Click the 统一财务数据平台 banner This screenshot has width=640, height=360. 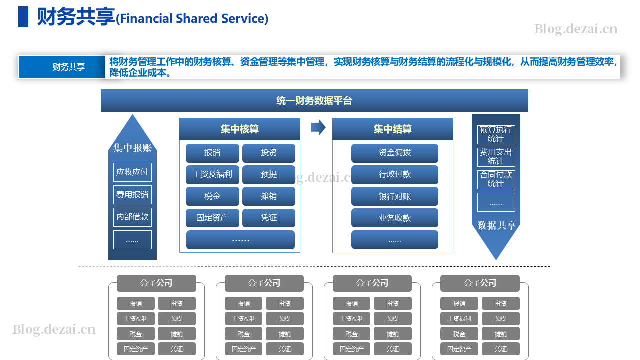point(314,100)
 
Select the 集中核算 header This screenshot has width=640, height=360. point(239,129)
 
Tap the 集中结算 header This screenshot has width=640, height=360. point(393,129)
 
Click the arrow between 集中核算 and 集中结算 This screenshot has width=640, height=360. point(318,127)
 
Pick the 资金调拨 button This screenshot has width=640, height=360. point(395,153)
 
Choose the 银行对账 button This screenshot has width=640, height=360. point(395,196)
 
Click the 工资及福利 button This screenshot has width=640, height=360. point(212,174)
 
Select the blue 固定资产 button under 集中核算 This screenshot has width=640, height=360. point(212,218)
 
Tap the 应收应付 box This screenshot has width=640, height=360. point(132,172)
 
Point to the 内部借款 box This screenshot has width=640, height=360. point(132,217)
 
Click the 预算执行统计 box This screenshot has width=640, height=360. point(496,134)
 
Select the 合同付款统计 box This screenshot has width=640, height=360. point(496,179)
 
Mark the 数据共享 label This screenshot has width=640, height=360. point(496,225)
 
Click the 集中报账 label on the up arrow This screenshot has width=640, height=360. point(132,148)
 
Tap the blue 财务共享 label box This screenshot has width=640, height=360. point(62,67)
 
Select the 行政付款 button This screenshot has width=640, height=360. point(395,174)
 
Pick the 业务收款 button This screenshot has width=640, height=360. point(395,218)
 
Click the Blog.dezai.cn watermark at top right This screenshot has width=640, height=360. point(576,29)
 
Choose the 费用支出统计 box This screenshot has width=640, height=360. point(496,157)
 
